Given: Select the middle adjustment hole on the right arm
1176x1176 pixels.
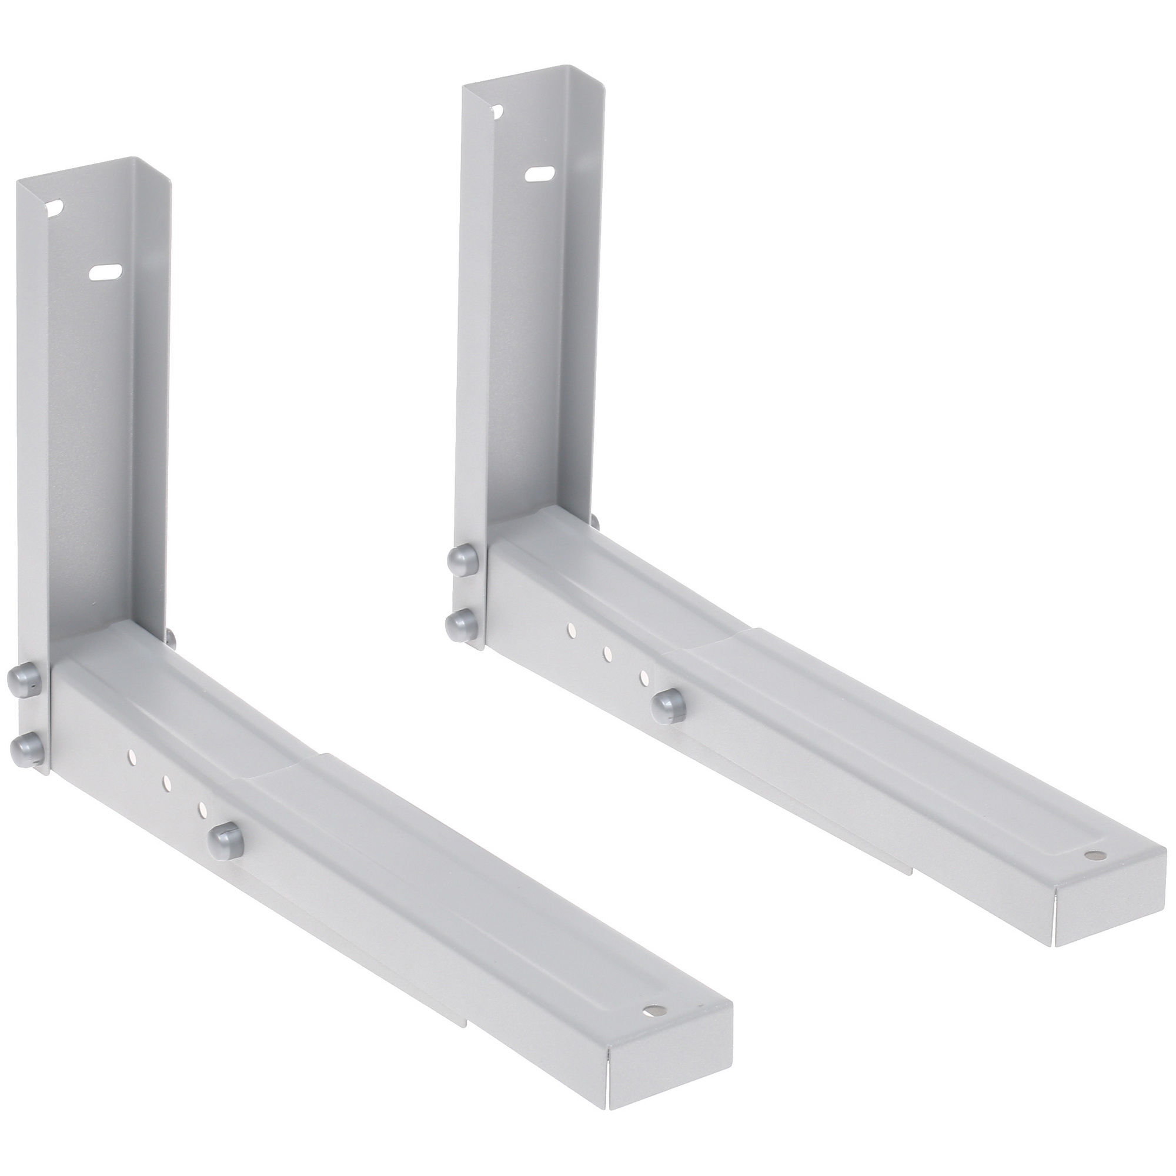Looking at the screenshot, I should click(607, 654).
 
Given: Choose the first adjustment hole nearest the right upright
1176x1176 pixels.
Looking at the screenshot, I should click(571, 629).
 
